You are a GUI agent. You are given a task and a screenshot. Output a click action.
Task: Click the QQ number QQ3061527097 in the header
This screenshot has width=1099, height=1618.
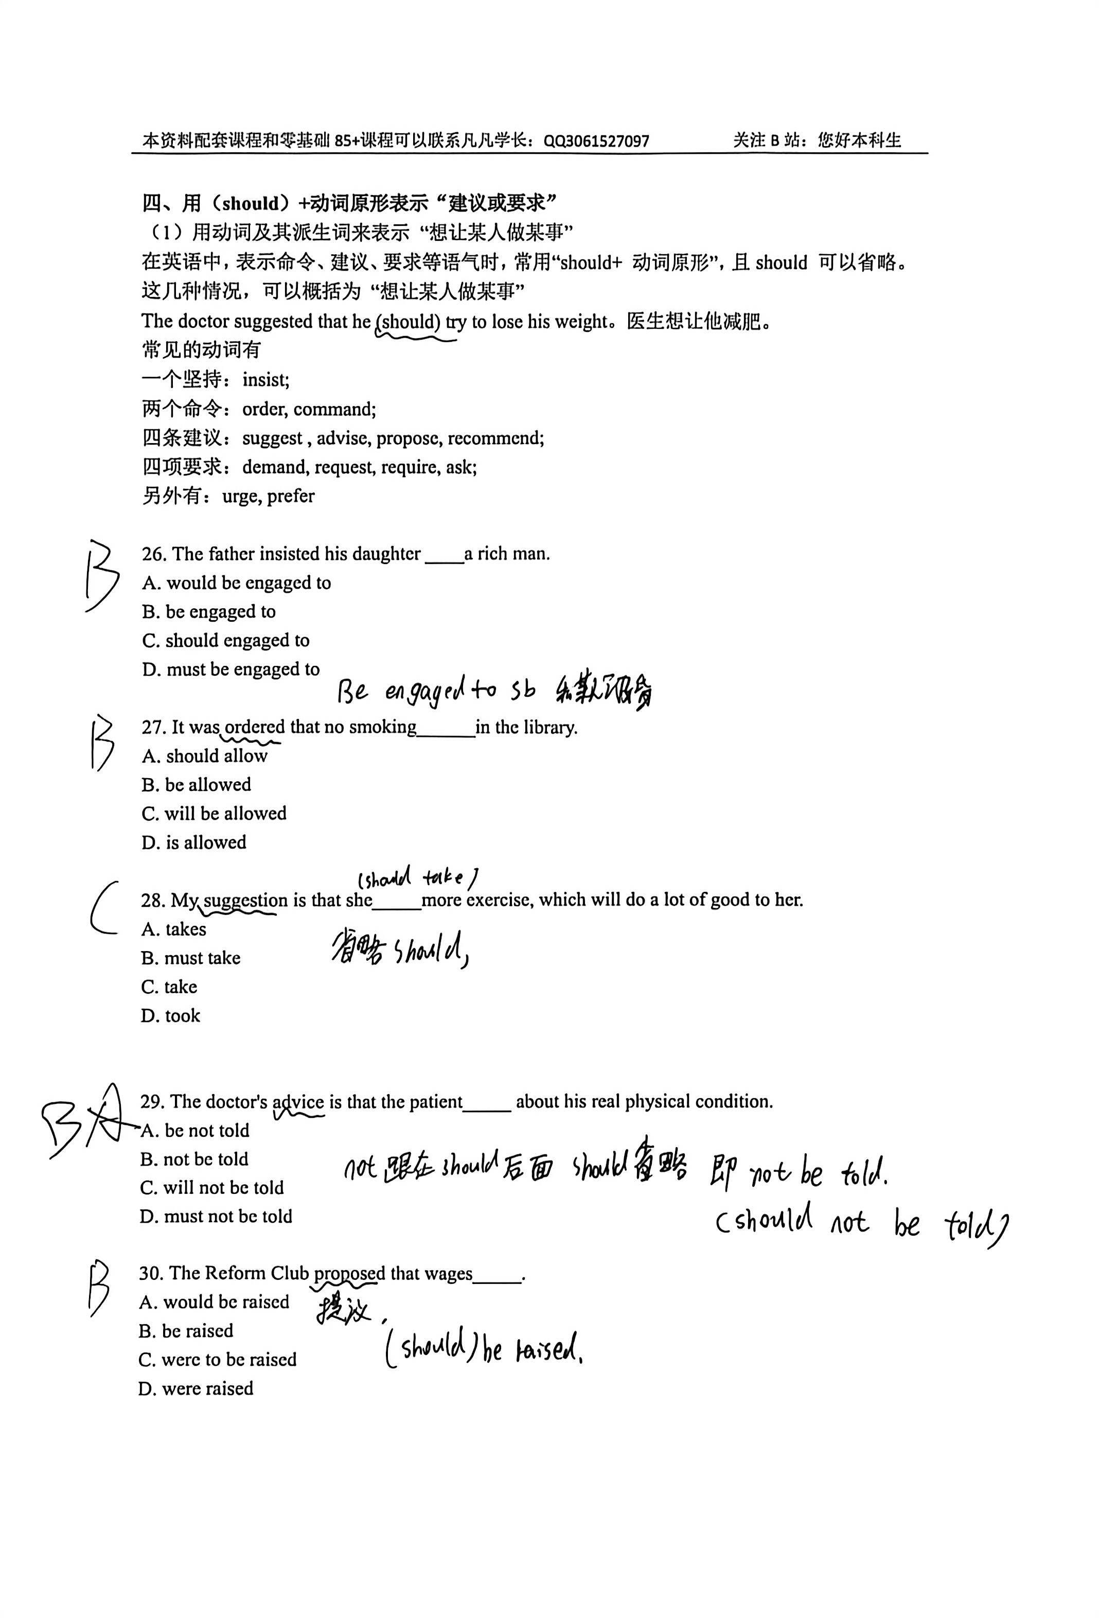click(596, 142)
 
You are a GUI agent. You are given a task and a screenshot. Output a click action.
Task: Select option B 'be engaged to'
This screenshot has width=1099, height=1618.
click(209, 611)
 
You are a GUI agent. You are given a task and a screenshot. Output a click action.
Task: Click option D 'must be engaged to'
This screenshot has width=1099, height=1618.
click(231, 669)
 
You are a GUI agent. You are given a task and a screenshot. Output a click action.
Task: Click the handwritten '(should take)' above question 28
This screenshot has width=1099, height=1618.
click(418, 877)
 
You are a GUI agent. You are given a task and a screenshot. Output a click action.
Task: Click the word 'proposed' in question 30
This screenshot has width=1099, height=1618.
click(349, 1273)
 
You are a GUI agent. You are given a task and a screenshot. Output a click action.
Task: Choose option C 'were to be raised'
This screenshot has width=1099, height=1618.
click(217, 1359)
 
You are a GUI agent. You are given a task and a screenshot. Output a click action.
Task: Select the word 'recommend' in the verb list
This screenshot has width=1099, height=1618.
click(495, 438)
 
